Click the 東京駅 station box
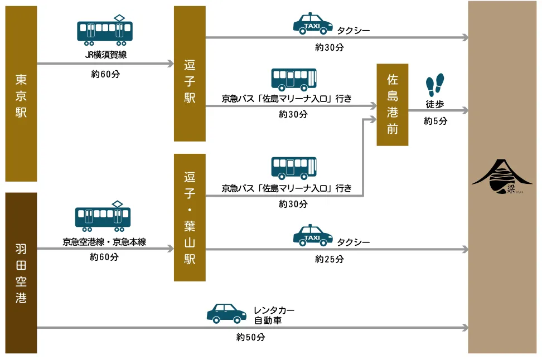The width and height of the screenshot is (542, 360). (21, 94)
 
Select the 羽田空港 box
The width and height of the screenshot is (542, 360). (21, 273)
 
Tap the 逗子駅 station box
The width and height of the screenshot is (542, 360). (190, 74)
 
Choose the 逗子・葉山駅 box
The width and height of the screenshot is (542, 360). (190, 217)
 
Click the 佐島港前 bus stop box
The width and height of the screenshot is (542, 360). (393, 105)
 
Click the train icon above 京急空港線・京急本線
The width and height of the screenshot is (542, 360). (103, 216)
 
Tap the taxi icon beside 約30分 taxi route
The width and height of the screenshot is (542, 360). (313, 25)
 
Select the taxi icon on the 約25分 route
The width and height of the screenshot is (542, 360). (313, 235)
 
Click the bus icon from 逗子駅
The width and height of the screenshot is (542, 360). (294, 79)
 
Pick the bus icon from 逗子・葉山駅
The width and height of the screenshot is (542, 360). (294, 168)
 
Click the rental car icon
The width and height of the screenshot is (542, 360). (227, 313)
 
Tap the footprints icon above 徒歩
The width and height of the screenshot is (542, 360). (435, 84)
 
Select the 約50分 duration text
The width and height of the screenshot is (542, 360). (250, 338)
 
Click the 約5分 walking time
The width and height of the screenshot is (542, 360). (435, 121)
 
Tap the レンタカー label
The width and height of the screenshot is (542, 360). (274, 310)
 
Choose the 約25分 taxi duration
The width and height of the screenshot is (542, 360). (330, 259)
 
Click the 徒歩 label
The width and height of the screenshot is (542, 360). (435, 104)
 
